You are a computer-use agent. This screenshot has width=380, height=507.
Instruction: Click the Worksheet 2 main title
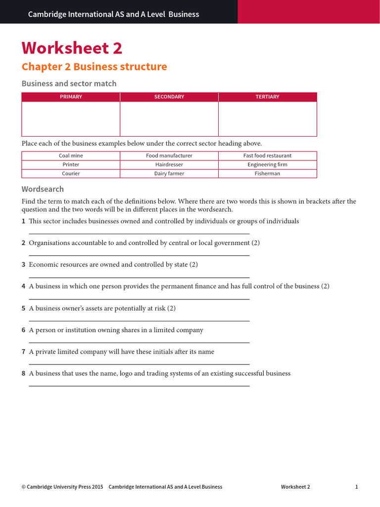pyautogui.click(x=72, y=49)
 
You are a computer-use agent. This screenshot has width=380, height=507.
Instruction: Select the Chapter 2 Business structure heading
pyautogui.click(x=94, y=67)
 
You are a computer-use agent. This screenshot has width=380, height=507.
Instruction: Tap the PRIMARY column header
pyautogui.click(x=71, y=97)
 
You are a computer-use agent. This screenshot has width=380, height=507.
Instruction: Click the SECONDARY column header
pyautogui.click(x=169, y=97)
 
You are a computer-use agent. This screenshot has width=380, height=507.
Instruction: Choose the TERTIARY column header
pyautogui.click(x=267, y=97)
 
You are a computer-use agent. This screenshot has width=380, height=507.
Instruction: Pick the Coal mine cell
pyautogui.click(x=71, y=155)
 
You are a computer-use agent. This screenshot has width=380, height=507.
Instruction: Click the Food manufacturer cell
pyautogui.click(x=169, y=155)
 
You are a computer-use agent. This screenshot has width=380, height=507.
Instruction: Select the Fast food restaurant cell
pyautogui.click(x=267, y=155)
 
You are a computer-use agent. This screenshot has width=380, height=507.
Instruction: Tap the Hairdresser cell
pyautogui.click(x=169, y=164)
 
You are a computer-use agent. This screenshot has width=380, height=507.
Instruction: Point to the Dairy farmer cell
pyautogui.click(x=169, y=174)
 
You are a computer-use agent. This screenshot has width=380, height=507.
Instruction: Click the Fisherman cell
pyautogui.click(x=267, y=174)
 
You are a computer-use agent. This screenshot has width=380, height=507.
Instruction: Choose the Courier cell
pyautogui.click(x=71, y=174)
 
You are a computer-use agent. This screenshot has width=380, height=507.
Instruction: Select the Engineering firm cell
pyautogui.click(x=267, y=164)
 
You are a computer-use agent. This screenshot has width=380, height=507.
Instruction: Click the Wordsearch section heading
pyautogui.click(x=43, y=189)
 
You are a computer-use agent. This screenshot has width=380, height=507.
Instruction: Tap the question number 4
pyautogui.click(x=23, y=286)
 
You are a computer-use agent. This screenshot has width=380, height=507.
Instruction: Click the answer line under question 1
pyautogui.click(x=139, y=234)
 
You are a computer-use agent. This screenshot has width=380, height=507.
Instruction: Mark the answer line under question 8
pyautogui.click(x=139, y=386)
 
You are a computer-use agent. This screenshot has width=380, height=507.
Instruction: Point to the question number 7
pyautogui.click(x=23, y=352)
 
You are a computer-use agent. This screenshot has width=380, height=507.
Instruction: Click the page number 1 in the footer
pyautogui.click(x=356, y=487)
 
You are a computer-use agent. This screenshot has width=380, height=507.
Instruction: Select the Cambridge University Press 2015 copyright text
pyautogui.click(x=62, y=487)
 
